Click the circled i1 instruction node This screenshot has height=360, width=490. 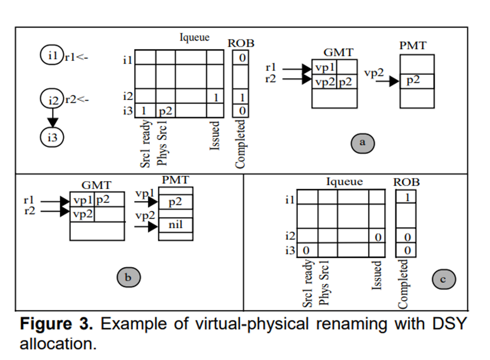(x=52, y=55)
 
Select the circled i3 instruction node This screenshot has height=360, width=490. (x=52, y=137)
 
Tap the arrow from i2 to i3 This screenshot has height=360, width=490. (x=53, y=118)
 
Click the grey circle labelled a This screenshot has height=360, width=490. (x=363, y=143)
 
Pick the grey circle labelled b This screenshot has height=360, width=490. (x=129, y=277)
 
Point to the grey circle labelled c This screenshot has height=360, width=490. (x=444, y=279)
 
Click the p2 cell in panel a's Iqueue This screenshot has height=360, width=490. (x=166, y=110)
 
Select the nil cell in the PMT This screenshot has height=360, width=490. (x=176, y=225)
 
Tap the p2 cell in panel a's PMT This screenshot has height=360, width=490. (x=417, y=81)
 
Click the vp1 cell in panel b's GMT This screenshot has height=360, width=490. (x=82, y=199)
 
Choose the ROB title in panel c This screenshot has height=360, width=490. (x=406, y=182)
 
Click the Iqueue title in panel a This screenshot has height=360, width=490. (x=194, y=38)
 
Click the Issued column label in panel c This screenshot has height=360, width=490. (x=376, y=275)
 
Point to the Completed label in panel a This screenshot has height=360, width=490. (x=240, y=144)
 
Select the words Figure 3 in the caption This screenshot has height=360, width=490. (x=56, y=324)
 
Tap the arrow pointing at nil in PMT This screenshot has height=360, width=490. (x=146, y=227)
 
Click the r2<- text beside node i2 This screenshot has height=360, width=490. (x=77, y=100)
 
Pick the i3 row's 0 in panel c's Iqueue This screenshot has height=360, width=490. (x=306, y=250)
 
